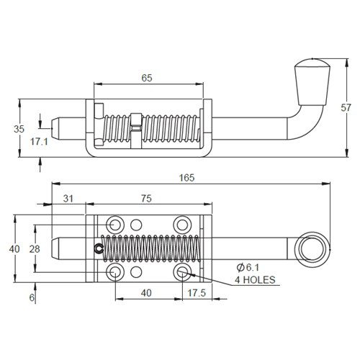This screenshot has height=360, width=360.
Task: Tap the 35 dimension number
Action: point(19,128)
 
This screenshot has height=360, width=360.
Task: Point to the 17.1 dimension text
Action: point(39,143)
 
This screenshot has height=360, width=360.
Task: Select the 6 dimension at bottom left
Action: point(31,296)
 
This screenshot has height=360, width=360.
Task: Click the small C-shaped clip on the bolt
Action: point(98,249)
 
